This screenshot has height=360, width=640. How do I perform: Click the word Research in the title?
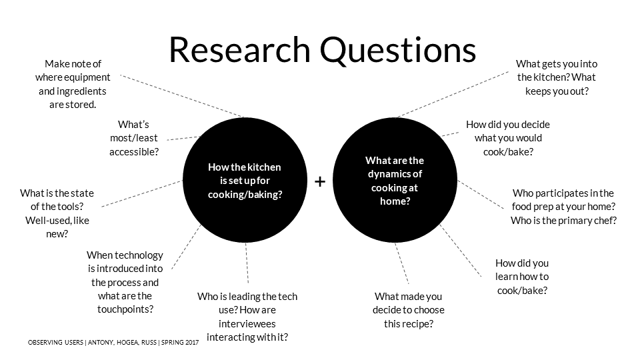(238, 49)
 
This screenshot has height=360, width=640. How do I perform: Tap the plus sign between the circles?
(320, 181)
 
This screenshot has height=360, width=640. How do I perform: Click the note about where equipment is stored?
(73, 84)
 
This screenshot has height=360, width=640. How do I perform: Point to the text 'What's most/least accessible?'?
(134, 138)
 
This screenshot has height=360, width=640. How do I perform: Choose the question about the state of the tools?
(57, 213)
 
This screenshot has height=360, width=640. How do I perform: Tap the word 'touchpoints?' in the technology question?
(125, 309)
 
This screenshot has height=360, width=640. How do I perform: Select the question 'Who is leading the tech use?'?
(247, 317)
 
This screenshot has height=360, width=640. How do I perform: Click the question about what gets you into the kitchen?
(557, 77)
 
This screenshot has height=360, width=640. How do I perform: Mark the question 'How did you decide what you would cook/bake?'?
(508, 138)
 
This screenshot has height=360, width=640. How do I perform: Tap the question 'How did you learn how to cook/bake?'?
(522, 277)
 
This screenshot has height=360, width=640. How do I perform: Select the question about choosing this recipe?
(408, 310)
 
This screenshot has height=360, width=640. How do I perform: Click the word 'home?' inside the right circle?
(394, 201)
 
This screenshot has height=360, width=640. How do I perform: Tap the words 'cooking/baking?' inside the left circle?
(245, 195)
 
